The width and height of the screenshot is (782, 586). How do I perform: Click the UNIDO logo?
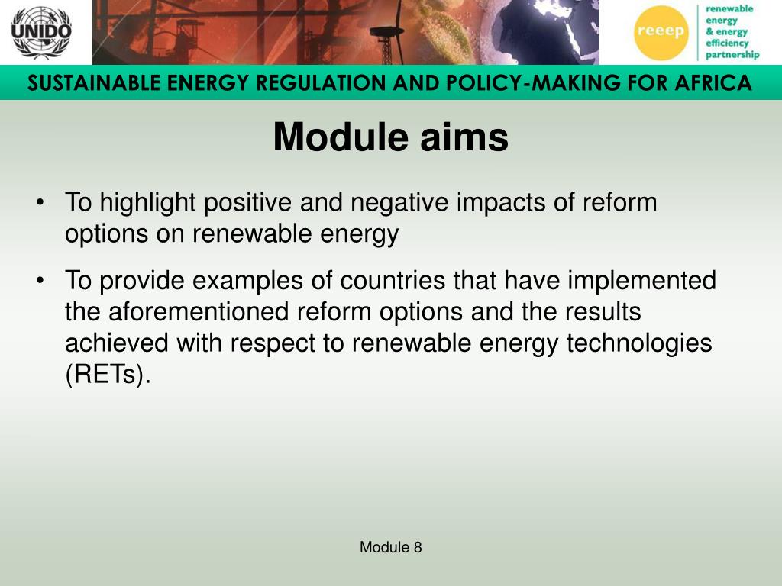(x=41, y=32)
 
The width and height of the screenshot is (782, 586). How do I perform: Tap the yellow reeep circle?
(x=661, y=33)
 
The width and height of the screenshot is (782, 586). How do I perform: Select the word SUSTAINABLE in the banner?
(x=94, y=82)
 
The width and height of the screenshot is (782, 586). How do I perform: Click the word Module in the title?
(x=341, y=137)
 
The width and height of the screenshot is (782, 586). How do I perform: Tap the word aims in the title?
(x=464, y=137)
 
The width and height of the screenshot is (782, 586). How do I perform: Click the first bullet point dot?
(x=40, y=203)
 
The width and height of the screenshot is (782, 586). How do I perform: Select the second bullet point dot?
(x=40, y=281)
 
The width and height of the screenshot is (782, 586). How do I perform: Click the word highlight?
(x=147, y=204)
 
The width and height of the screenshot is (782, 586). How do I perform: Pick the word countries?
(x=393, y=280)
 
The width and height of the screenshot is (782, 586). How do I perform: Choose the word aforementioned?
(x=199, y=312)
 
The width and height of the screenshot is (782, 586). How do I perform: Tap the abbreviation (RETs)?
(x=108, y=375)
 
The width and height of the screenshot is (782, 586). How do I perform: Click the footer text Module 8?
(x=391, y=547)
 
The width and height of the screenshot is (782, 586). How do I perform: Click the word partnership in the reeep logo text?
(x=732, y=55)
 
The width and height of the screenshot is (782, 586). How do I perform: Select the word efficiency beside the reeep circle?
(x=727, y=43)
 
